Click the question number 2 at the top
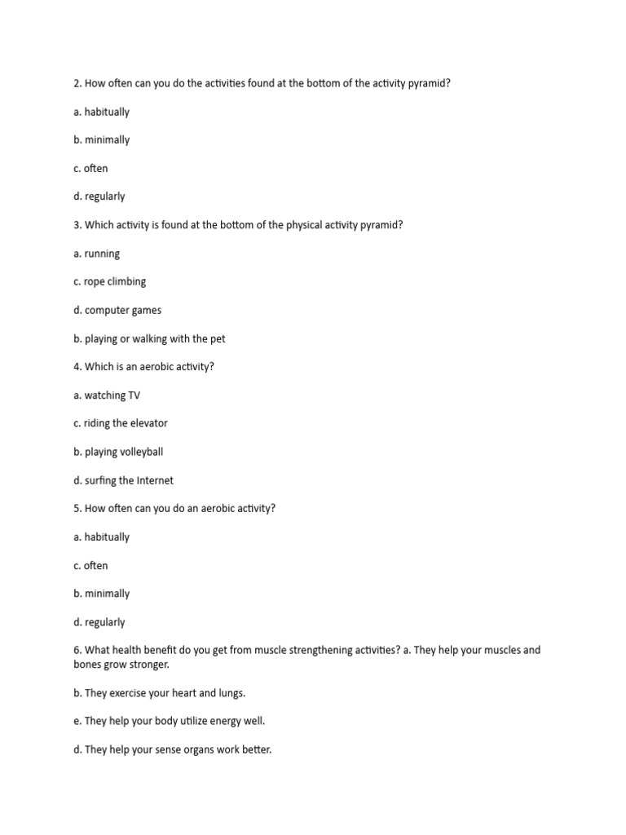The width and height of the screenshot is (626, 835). click(77, 83)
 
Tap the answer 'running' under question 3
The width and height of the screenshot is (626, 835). click(102, 254)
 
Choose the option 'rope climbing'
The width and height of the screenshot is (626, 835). click(115, 281)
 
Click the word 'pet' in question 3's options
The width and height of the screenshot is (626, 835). click(216, 338)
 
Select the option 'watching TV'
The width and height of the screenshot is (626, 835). click(112, 395)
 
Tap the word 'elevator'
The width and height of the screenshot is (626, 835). click(148, 423)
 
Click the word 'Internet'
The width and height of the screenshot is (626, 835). click(154, 480)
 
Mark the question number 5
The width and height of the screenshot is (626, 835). click(77, 508)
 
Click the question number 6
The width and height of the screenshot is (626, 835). click(77, 650)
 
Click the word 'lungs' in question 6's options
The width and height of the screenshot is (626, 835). click(230, 693)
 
